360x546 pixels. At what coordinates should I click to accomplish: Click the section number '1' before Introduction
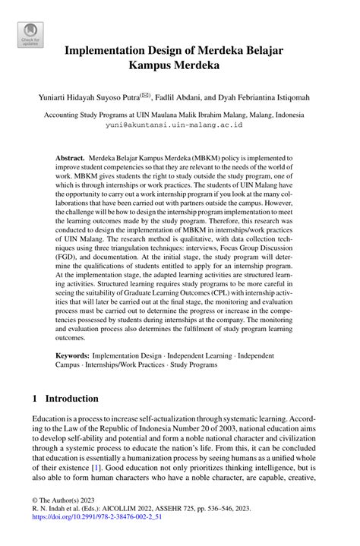coord(35,399)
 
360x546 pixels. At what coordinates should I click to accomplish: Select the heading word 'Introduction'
coord(72,399)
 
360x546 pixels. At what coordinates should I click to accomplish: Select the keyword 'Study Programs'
coord(191,365)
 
